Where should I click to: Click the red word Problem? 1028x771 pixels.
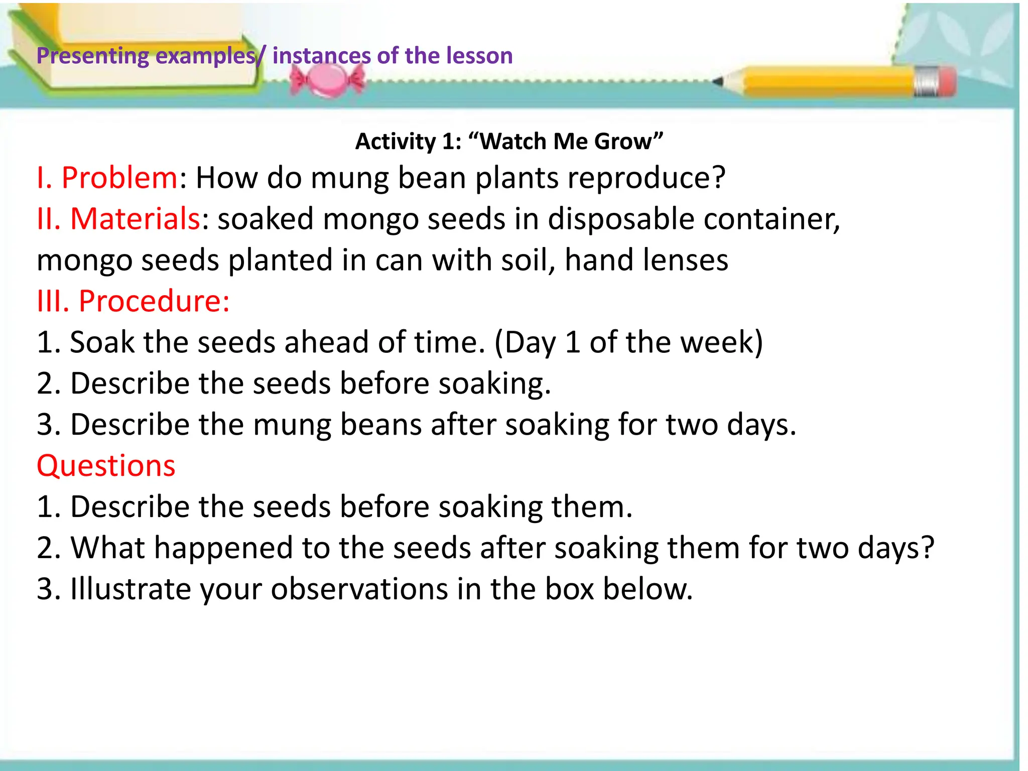pos(119,178)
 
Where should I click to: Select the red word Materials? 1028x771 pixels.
pos(135,219)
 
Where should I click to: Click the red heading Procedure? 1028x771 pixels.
pos(154,301)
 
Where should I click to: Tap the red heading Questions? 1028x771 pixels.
pos(106,465)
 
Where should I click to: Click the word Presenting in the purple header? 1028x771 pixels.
pos(92,56)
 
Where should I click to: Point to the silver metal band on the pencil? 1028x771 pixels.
pos(924,81)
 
